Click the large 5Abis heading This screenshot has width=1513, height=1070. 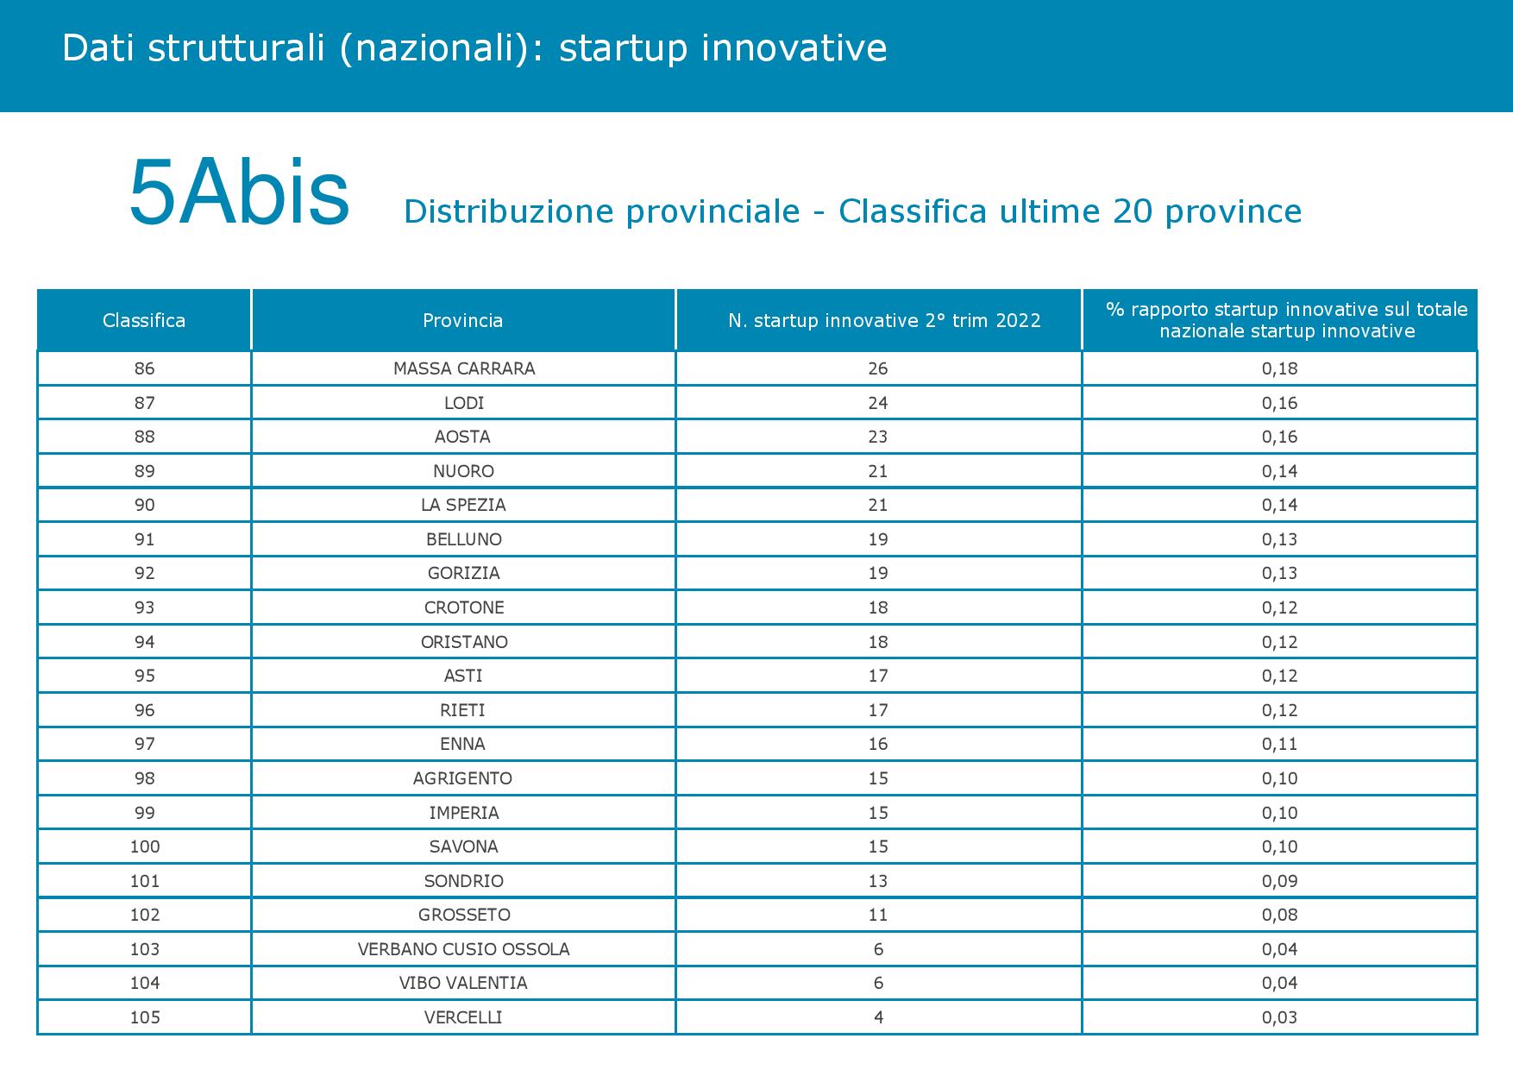coord(239,193)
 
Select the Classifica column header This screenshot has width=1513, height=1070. coord(144,321)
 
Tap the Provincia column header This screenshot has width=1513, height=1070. coord(463,321)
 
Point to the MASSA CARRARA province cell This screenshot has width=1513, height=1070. coord(464,368)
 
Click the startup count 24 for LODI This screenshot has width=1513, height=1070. coord(878,403)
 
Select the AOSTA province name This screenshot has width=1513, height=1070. coord(463,437)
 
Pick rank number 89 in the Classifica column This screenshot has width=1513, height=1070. coord(145,471)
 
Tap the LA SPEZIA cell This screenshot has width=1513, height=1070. coord(463,505)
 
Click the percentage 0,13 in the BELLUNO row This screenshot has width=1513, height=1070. coord(1280,539)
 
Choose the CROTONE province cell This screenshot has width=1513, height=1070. coord(464,607)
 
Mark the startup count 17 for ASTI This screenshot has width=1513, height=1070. coord(878,676)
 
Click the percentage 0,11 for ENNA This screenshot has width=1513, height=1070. coord(1280,744)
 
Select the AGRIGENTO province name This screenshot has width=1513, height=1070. coord(463,778)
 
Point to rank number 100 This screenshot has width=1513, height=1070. coord(145,847)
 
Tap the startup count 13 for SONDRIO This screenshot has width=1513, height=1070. coord(878,881)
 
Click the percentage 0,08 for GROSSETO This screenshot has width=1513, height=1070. coord(1280,915)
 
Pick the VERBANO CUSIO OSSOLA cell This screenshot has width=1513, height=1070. coord(464,949)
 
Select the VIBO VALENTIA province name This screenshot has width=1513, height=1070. coord(463,983)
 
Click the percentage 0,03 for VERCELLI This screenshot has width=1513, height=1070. coord(1280,1017)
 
